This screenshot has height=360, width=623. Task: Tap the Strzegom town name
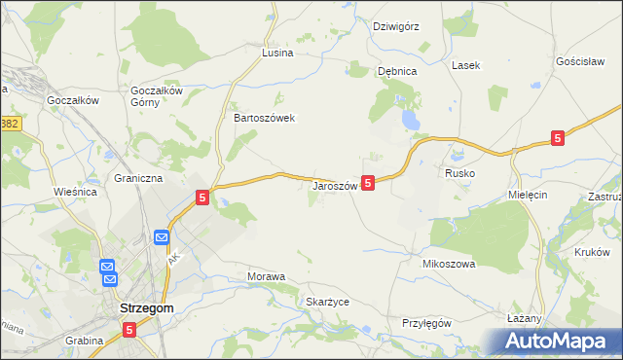[145, 307]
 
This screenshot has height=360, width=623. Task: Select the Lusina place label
[277, 54]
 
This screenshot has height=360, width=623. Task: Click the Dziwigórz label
[396, 26]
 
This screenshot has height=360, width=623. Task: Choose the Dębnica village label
[397, 71]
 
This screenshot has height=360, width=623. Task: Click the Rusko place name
[459, 172]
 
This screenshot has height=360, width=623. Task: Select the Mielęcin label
[530, 195]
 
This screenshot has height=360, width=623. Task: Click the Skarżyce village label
[327, 302]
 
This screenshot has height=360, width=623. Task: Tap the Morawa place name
[266, 276]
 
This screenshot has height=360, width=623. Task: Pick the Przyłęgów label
[426, 323]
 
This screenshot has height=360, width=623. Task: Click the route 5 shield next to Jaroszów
[367, 182]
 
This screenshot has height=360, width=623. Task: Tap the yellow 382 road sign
[10, 124]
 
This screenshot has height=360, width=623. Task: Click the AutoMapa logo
[559, 342]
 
